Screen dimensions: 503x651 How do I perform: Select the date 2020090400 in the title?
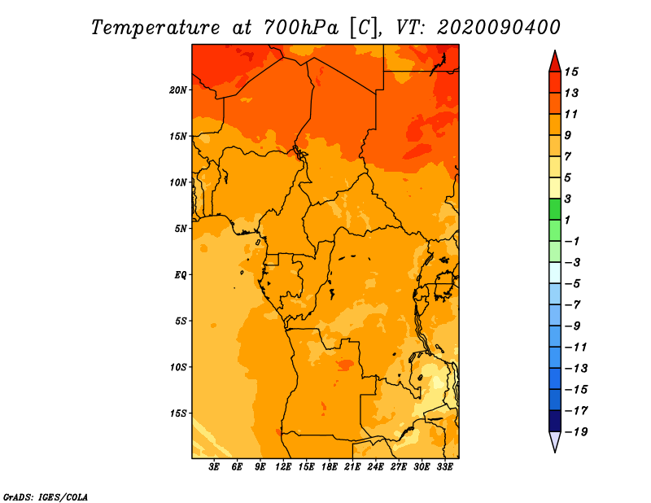[498, 27]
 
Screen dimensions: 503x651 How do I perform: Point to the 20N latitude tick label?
[178, 90]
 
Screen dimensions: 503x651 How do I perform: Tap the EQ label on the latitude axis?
[181, 274]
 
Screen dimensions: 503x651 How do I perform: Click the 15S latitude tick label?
[178, 413]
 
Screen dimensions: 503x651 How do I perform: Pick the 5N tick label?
[181, 228]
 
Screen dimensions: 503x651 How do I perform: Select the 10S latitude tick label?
[178, 366]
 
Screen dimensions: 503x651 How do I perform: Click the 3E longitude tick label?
[215, 467]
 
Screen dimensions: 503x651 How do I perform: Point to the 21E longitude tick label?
[352, 467]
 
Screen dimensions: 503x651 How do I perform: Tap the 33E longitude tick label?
[444, 467]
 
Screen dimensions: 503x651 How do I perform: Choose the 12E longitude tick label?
[284, 467]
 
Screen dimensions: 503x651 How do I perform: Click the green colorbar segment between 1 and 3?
[554, 209]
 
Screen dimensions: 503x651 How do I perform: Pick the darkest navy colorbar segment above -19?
[554, 421]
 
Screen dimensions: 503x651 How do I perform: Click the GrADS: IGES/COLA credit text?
[45, 496]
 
